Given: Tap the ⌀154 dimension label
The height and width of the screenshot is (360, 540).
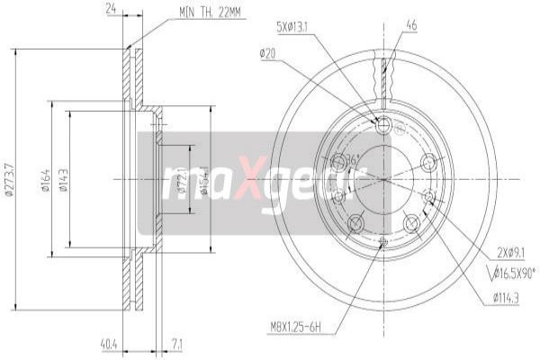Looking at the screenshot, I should [205, 179].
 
